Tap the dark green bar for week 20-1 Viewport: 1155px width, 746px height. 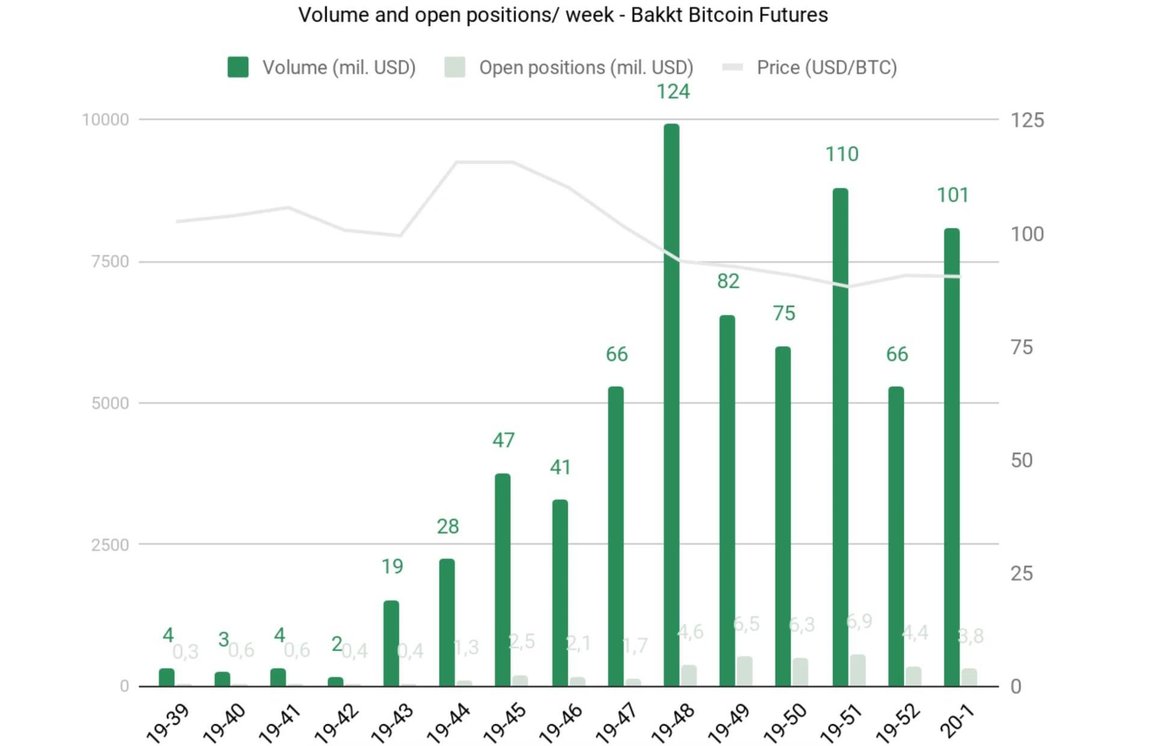952,457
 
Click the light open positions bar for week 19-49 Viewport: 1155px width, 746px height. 745,671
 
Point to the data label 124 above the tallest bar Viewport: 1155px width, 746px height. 673,91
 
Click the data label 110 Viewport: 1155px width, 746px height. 842,154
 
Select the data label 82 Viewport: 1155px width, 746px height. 728,281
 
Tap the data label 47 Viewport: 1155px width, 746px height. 504,440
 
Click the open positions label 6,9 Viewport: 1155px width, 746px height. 858,621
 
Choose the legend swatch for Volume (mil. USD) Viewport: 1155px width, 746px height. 238,67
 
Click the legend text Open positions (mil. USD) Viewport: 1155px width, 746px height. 586,67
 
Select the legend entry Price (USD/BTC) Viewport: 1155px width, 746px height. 826,67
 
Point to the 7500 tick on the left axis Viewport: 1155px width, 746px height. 110,262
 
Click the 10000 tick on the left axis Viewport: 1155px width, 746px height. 105,120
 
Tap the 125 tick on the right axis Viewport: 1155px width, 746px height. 1027,120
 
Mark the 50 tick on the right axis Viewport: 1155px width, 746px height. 1021,460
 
